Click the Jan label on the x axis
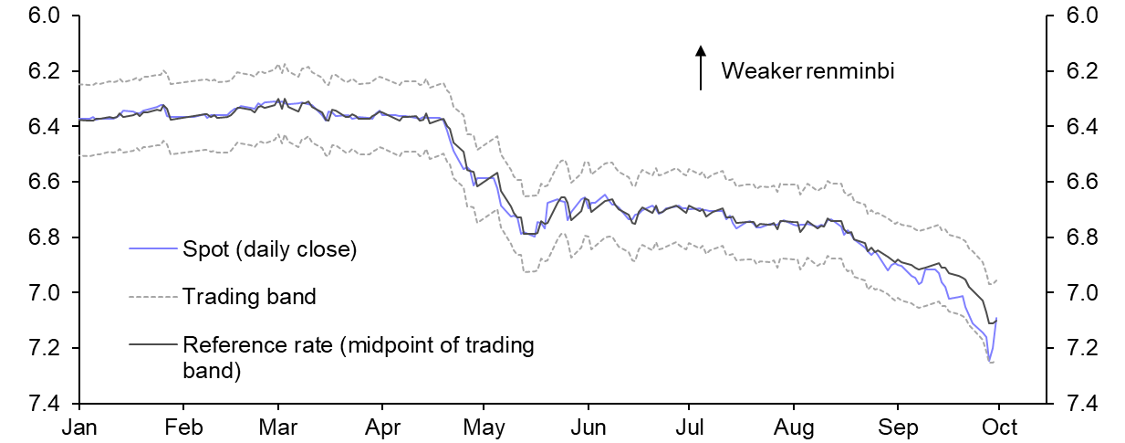coord(80,427)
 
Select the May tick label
coord(484,427)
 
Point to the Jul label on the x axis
coord(688,427)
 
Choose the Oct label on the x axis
coord(999,427)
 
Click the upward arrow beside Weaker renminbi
coord(700,68)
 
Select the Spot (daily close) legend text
coord(269,248)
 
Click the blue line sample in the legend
coord(153,248)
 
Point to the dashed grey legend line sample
coord(153,296)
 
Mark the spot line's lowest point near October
coord(990,362)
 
